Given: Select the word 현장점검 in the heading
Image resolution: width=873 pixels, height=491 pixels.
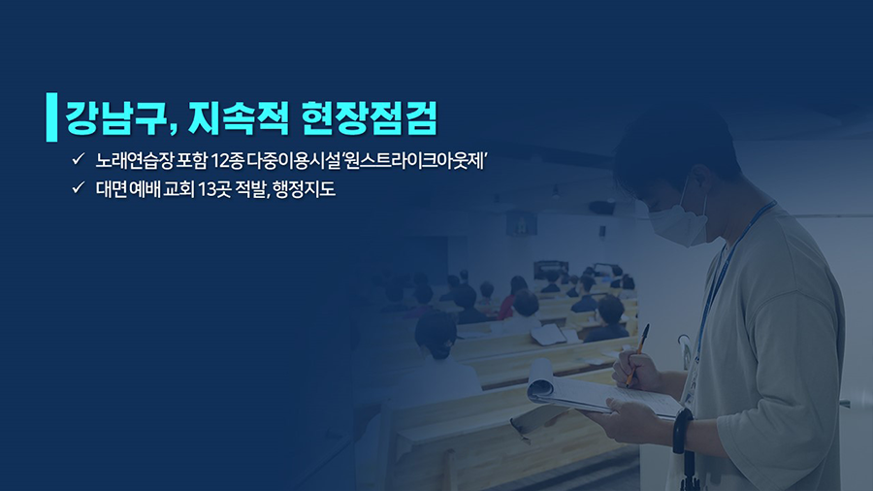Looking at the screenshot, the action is pos(370,117).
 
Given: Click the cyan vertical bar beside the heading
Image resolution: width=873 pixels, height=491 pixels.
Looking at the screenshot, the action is pos(51,116).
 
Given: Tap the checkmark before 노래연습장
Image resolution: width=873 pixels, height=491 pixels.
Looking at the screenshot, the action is pos(78,159).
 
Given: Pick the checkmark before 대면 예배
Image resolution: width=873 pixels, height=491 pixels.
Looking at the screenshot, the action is pos(78,187).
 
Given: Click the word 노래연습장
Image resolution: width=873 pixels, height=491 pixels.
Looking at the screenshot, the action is pos(134,161).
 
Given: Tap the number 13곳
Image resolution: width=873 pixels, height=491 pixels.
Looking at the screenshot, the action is pos(214,189).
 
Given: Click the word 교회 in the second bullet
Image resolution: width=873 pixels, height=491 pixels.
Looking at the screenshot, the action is pos(178,189).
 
